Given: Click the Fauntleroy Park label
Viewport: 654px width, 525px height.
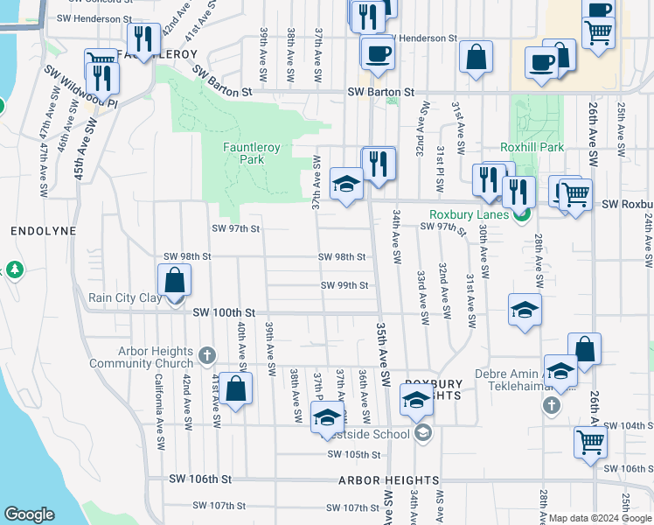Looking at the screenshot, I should click(x=251, y=154).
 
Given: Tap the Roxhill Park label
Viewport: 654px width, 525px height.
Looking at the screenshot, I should click(x=532, y=148).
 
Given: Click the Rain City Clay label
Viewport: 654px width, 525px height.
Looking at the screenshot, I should click(x=125, y=297).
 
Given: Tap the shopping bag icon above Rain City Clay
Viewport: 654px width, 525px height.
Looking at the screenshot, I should click(x=175, y=281).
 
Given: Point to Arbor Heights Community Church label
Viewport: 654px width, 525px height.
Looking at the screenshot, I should click(x=141, y=357).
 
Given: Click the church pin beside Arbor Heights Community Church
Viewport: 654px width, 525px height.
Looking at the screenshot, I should click(x=206, y=355).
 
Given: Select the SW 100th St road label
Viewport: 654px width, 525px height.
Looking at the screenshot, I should click(x=223, y=312).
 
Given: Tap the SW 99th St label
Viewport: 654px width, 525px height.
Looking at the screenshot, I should click(x=344, y=285).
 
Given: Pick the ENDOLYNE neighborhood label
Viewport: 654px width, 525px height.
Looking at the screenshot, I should click(x=34, y=231).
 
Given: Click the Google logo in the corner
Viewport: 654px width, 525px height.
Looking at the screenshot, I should click(x=29, y=514).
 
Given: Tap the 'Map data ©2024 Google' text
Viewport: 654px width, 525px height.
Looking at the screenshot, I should click(x=600, y=518).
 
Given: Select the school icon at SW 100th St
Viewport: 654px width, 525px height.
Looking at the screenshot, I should click(x=525, y=311).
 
